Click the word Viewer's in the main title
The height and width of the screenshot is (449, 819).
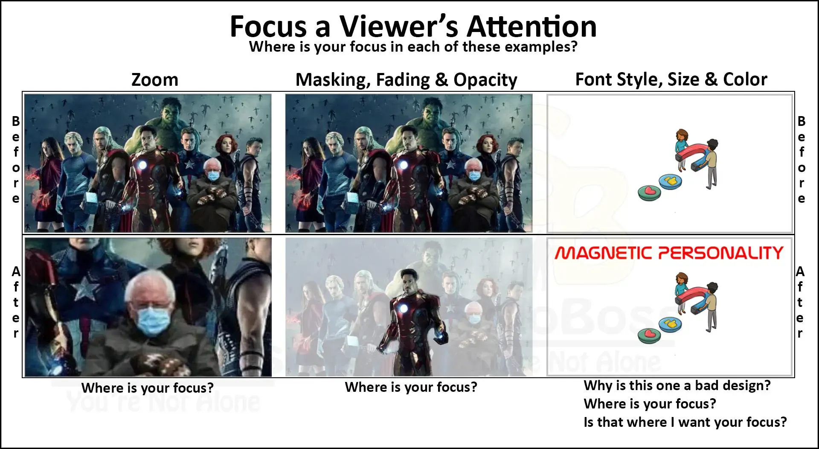click(x=398, y=26)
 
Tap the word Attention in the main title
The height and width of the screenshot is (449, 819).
click(x=531, y=26)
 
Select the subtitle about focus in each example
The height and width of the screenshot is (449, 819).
click(x=413, y=47)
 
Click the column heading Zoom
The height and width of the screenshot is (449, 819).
click(x=154, y=80)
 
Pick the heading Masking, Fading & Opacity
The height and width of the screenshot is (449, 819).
click(x=406, y=80)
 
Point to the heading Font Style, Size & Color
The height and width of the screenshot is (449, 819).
click(x=671, y=79)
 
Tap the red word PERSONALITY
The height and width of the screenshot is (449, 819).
click(x=721, y=253)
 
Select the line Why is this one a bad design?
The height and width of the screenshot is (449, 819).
click(x=677, y=385)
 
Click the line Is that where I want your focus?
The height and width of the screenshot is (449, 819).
click(x=685, y=422)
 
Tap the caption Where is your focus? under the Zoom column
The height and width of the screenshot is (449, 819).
click(x=147, y=388)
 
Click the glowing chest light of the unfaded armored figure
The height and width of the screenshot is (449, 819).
click(x=402, y=309)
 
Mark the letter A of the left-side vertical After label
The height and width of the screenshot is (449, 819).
click(x=16, y=271)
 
